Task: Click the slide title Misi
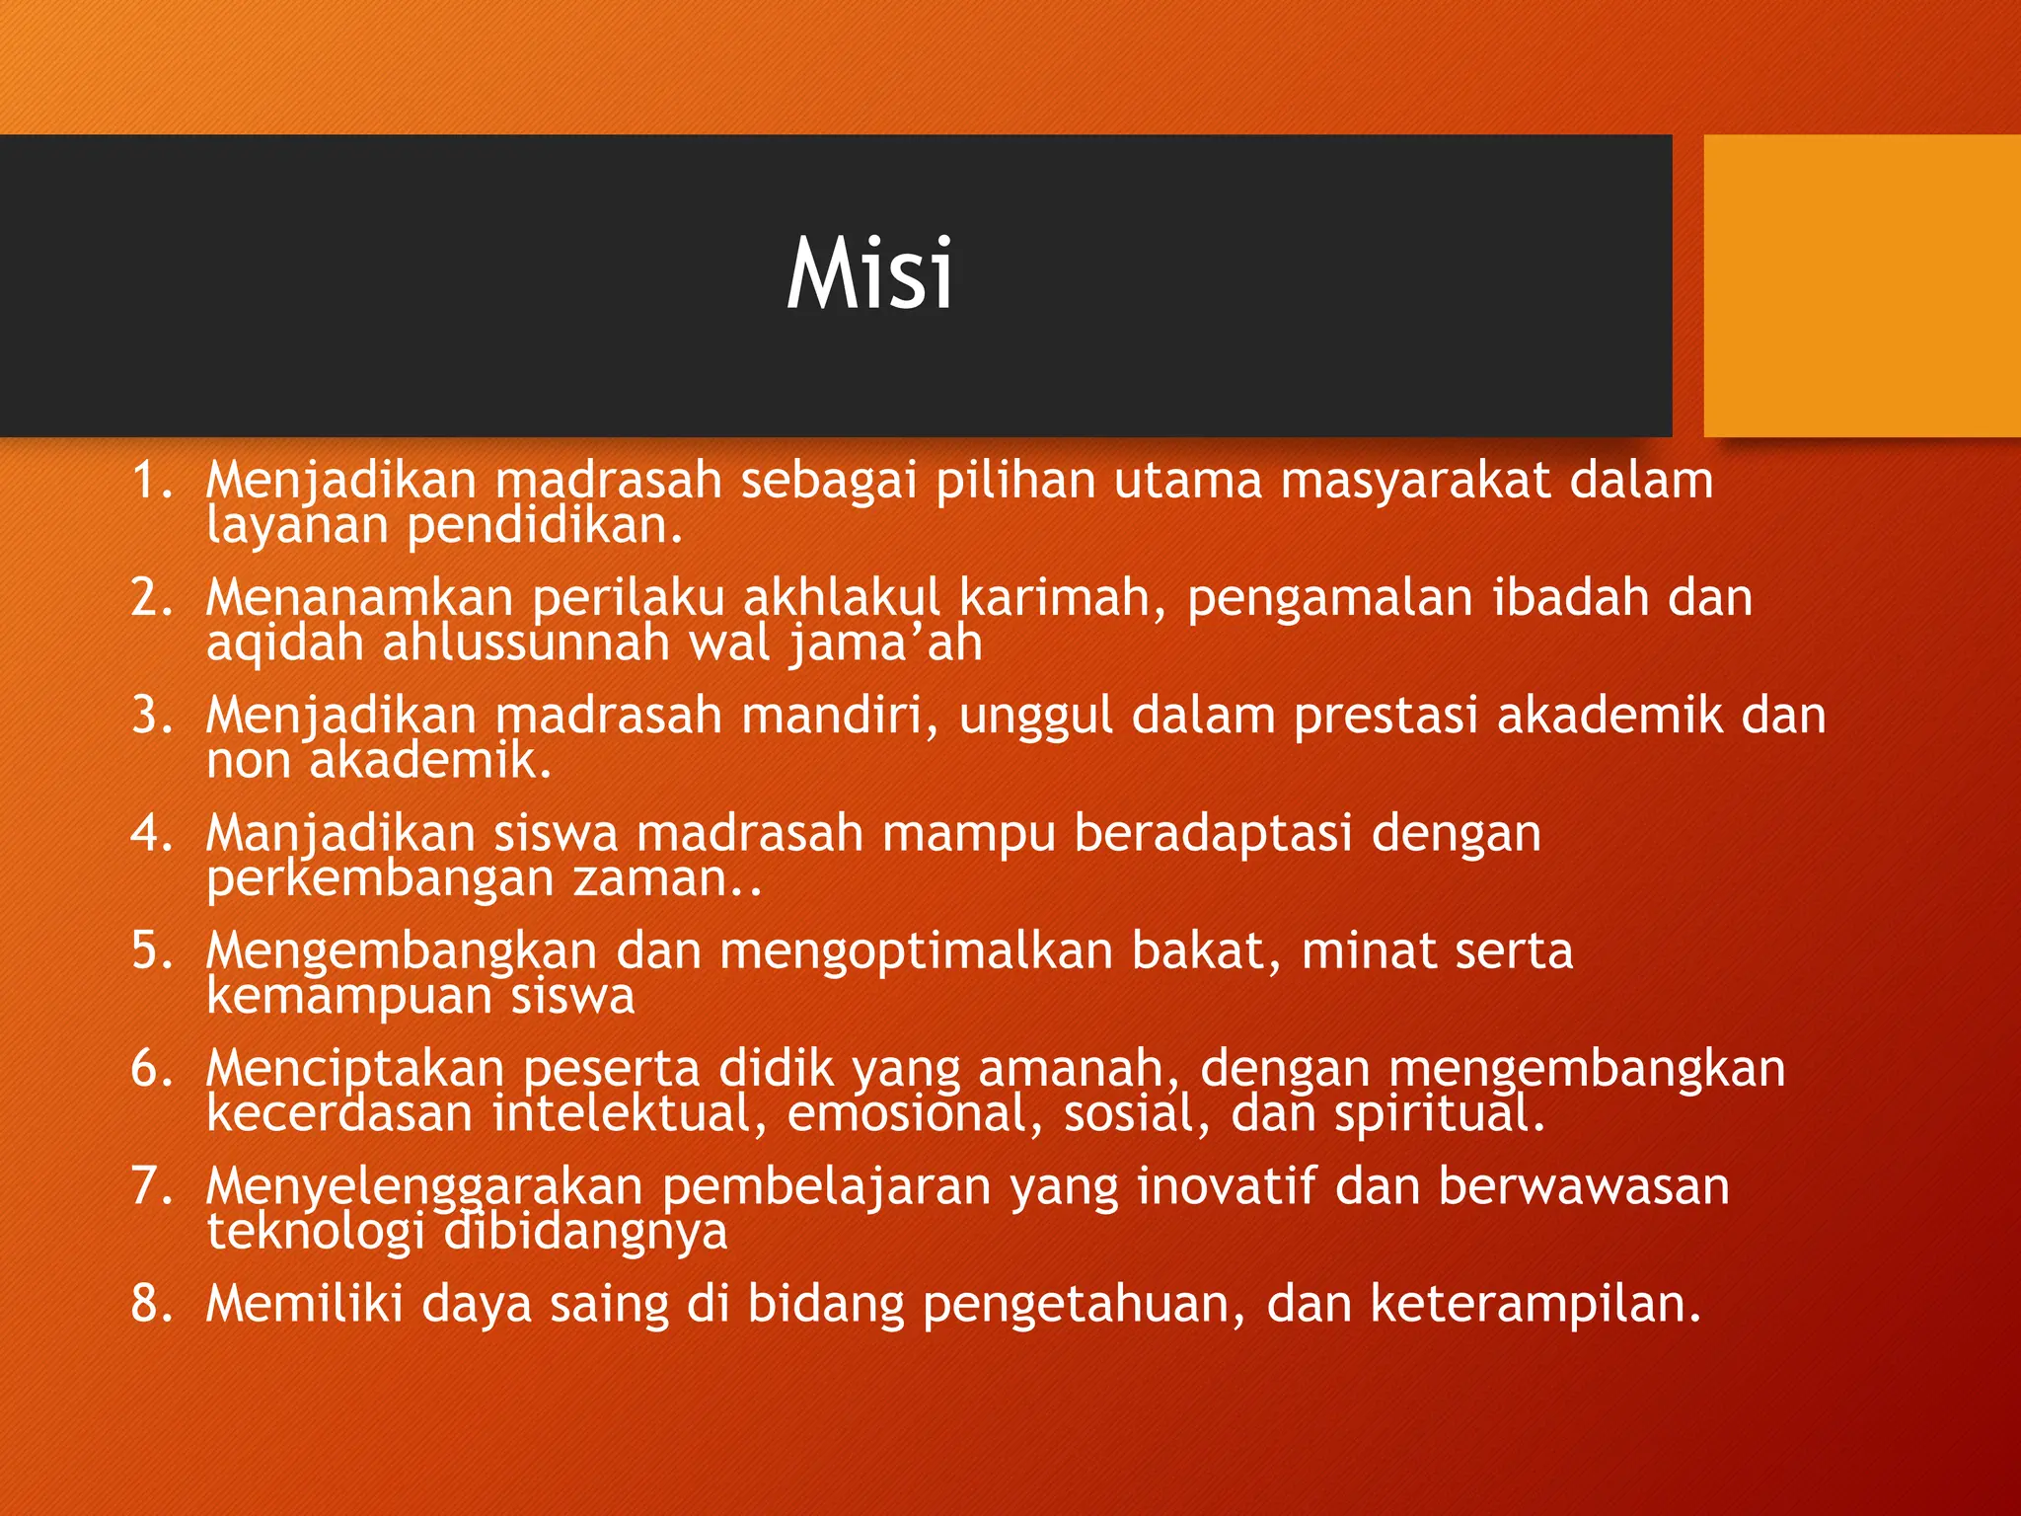[x=869, y=274]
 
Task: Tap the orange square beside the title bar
[x=1861, y=285]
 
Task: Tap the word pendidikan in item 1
[x=544, y=526]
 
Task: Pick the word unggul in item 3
[x=1035, y=717]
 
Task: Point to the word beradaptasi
[x=1213, y=833]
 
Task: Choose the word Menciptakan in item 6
[x=354, y=1069]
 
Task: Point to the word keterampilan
[x=1534, y=1304]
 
